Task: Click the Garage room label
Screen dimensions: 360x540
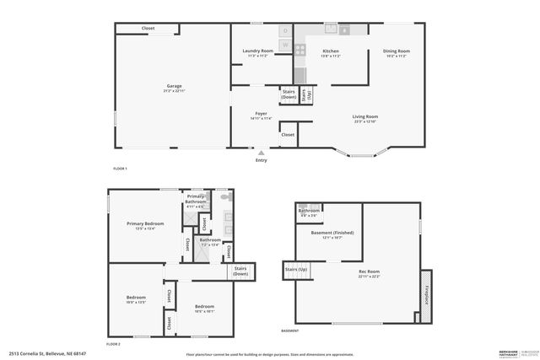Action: click(174, 86)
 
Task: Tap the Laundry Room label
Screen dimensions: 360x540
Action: click(257, 52)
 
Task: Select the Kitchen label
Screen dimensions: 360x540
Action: click(331, 52)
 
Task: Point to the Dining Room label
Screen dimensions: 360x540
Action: click(395, 52)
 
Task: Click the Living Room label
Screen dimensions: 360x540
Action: click(364, 118)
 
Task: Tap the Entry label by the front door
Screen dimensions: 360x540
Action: click(261, 160)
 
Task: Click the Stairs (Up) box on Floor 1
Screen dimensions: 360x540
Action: click(307, 94)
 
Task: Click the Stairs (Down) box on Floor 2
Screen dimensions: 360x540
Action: click(240, 272)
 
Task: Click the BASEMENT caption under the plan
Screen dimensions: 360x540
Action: click(289, 330)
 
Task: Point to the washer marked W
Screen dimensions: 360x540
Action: click(285, 44)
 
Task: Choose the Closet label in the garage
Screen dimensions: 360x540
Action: click(148, 29)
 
